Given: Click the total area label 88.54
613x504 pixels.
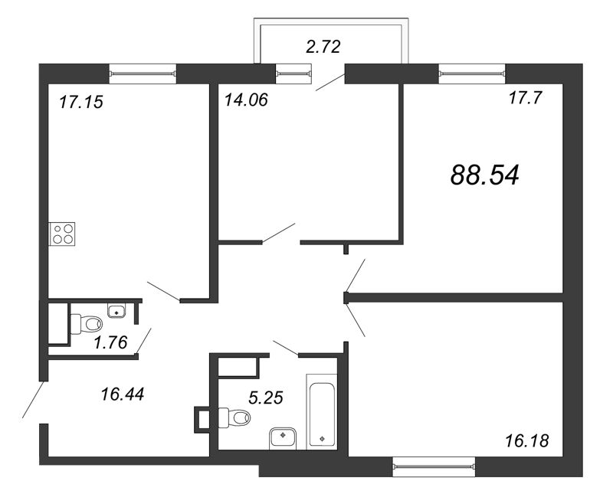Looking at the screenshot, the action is click(x=485, y=175).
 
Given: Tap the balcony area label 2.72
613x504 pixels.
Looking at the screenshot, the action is click(x=323, y=47).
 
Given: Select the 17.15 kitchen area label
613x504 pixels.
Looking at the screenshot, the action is click(x=81, y=102).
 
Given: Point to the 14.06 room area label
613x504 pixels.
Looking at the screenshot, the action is click(x=246, y=100).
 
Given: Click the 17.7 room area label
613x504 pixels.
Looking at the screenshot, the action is click(x=526, y=97).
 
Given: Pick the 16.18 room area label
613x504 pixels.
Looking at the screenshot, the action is click(x=527, y=441).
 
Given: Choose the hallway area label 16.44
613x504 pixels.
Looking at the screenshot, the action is click(x=123, y=394).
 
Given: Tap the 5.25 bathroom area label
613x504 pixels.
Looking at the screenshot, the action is click(x=266, y=398).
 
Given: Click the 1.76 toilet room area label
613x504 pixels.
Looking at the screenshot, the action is click(x=110, y=342).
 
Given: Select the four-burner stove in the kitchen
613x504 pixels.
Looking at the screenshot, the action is click(x=62, y=234).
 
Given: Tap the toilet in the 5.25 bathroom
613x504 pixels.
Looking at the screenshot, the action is click(x=234, y=417).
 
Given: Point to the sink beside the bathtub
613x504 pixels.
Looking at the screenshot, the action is click(x=284, y=438).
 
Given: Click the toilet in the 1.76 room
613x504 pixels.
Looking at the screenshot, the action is click(x=86, y=324).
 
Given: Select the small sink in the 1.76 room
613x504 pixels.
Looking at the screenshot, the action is click(x=116, y=311).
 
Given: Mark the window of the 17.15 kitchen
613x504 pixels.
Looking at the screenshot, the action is click(x=143, y=74).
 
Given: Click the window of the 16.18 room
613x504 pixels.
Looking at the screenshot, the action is click(x=434, y=466).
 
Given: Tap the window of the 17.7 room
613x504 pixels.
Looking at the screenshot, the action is click(x=472, y=74).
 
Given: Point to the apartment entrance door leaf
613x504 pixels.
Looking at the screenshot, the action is click(x=34, y=400).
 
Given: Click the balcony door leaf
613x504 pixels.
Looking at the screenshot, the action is click(x=330, y=83).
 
